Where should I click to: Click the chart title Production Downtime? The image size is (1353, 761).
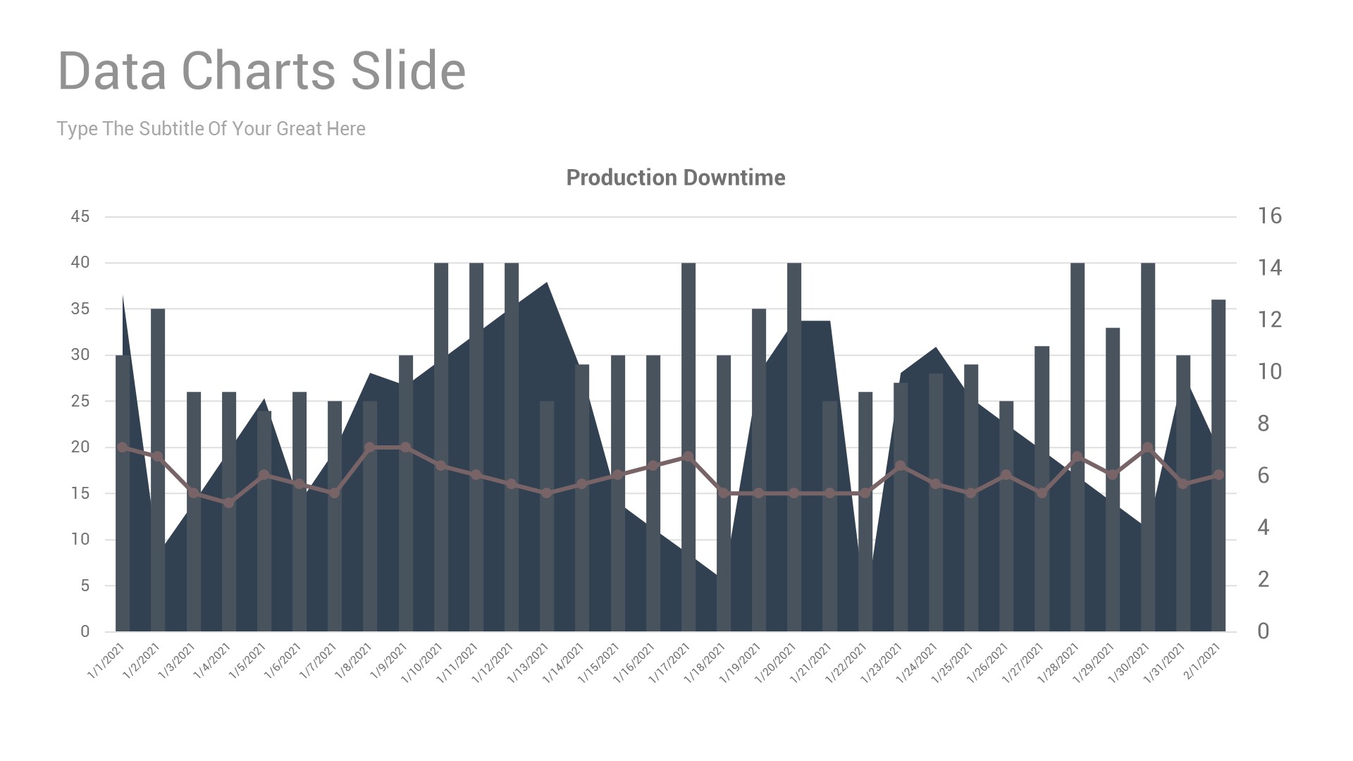675,178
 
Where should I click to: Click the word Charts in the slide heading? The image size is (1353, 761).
259,70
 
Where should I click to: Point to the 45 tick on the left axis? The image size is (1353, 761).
80,216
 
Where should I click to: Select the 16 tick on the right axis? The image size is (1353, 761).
1269,216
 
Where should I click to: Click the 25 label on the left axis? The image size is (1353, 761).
80,401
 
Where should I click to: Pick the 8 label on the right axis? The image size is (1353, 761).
1263,423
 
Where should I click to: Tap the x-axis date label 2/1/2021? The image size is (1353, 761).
1202,660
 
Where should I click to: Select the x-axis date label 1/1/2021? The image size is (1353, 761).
106,660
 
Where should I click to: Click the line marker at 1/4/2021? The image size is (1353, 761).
228,502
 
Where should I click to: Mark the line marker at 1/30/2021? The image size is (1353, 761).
1148,447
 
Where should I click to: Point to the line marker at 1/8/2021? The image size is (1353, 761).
370,447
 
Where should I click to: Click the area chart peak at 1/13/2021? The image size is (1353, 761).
547,284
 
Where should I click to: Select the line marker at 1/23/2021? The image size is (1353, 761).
900,466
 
